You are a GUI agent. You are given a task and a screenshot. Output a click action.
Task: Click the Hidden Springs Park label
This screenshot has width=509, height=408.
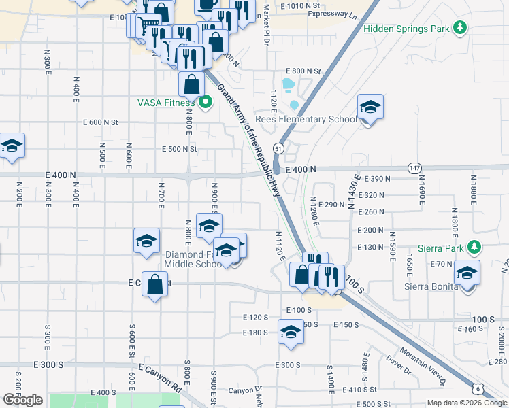tap(407, 29)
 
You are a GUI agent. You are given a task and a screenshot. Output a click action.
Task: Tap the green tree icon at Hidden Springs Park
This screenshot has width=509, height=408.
tap(461, 28)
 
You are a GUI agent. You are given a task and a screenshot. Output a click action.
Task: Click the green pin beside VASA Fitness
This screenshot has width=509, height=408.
tap(206, 103)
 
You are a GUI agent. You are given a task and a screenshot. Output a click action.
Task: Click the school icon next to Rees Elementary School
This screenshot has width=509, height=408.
tap(370, 107)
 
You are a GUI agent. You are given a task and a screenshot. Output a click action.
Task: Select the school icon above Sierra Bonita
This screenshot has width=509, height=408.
tap(467, 273)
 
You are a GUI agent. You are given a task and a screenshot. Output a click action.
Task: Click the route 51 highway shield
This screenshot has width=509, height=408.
tap(279, 148)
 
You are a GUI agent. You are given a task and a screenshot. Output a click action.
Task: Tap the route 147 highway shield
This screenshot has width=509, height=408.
tap(414, 167)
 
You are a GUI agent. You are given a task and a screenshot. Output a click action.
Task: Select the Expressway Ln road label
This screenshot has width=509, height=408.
tap(332, 14)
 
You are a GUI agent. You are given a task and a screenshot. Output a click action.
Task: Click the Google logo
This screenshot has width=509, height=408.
tap(22, 400)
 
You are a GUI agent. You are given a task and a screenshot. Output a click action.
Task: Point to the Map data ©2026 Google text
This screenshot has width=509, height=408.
tap(467, 403)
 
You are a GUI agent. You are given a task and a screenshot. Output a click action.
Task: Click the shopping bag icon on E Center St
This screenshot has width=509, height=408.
tap(155, 284)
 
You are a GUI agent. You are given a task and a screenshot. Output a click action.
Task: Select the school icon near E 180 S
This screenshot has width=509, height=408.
tap(291, 333)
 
